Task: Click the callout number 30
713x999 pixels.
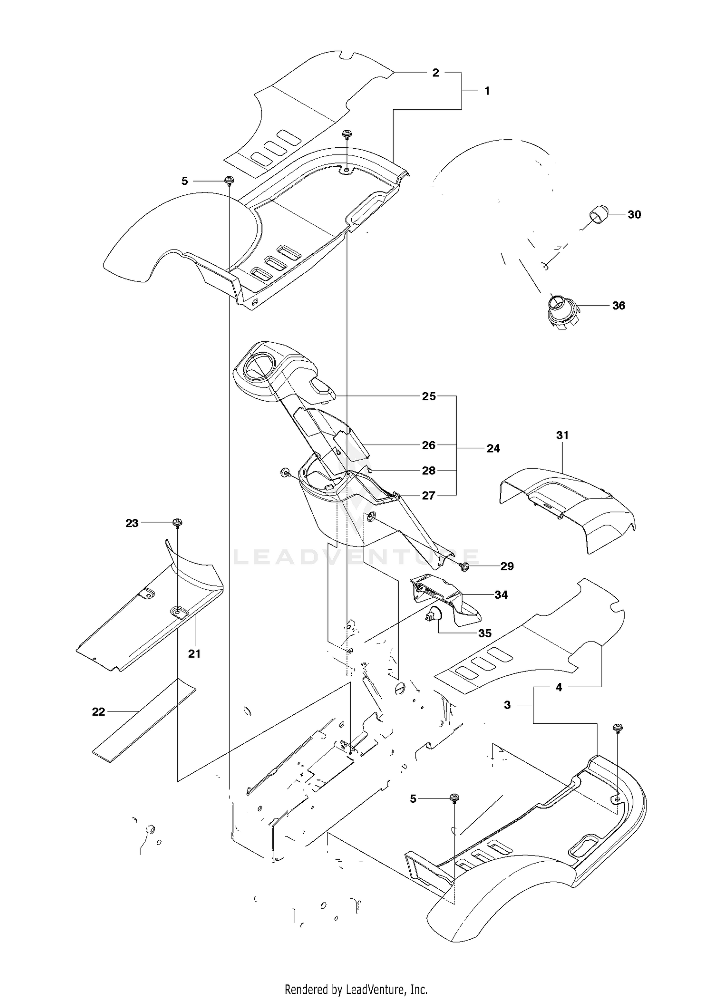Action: pos(634,214)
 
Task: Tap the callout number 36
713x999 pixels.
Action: pos(618,306)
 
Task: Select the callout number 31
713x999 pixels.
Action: pos(562,435)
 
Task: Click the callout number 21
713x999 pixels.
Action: pos(194,654)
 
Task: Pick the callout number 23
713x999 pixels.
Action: pos(132,523)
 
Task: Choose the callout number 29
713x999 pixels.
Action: pos(507,566)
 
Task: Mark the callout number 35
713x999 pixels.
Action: pos(485,633)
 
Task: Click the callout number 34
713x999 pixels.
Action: pos(501,595)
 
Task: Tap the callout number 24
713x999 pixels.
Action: pos(493,448)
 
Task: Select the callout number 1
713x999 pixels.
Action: pos(487,90)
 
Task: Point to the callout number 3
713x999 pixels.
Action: pos(507,705)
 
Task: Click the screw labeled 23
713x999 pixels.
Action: pos(178,523)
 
